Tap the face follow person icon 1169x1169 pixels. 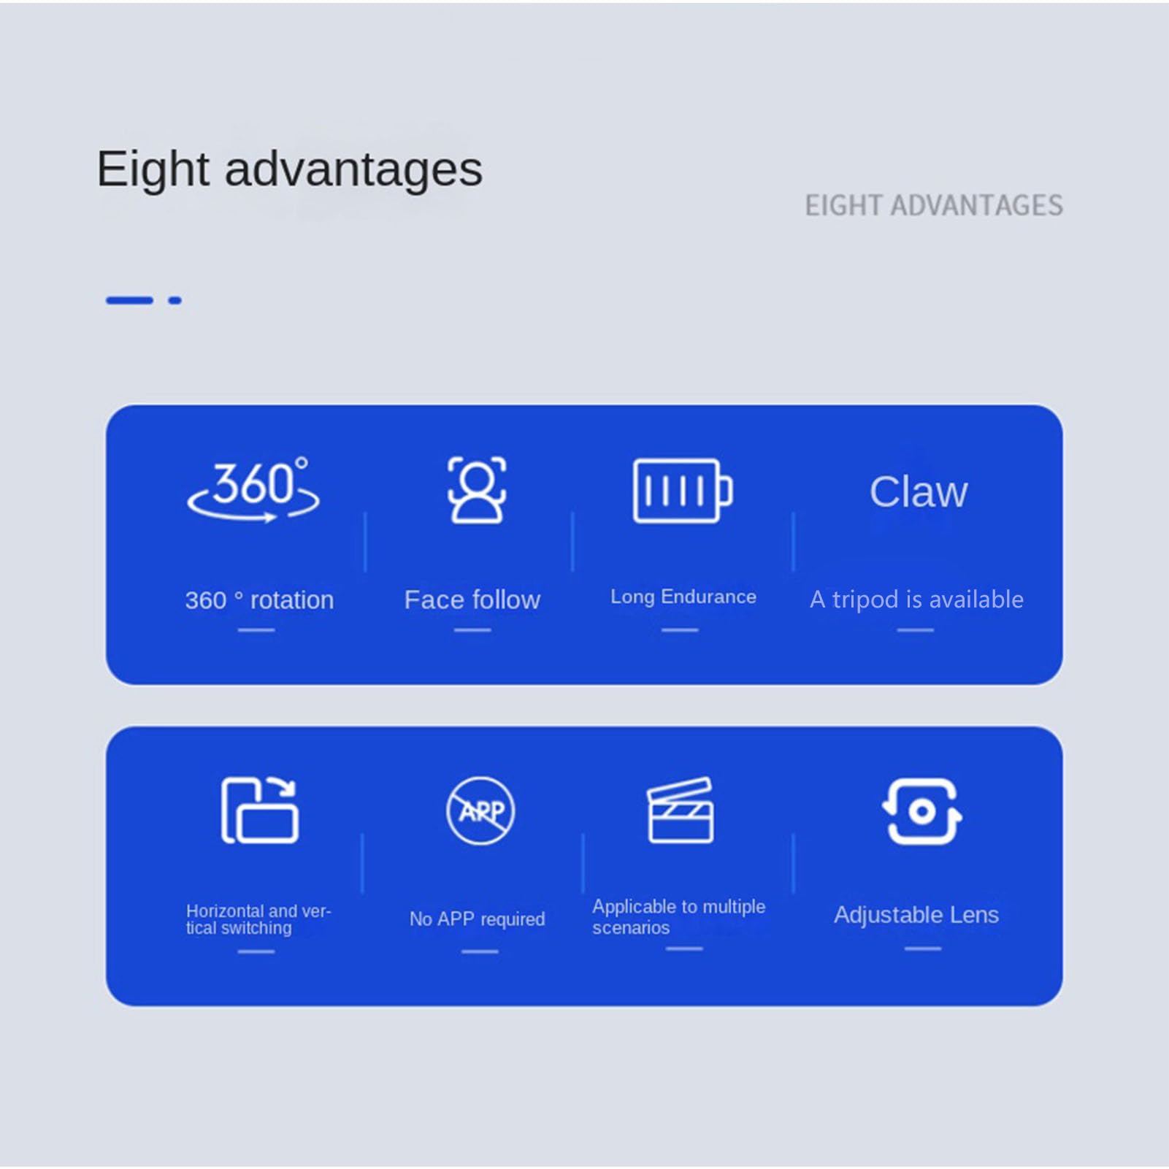click(477, 490)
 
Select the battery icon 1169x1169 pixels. click(683, 491)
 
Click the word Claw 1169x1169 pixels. click(918, 491)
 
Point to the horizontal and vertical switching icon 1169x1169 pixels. click(259, 810)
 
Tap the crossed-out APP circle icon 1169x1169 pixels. click(480, 810)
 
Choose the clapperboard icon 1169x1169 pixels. click(681, 810)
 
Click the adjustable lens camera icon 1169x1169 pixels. click(921, 811)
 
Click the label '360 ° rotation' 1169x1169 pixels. click(259, 600)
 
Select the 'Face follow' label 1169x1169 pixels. click(472, 599)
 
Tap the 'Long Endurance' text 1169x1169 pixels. click(683, 597)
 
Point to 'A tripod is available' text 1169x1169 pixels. click(916, 599)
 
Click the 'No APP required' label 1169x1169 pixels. click(477, 919)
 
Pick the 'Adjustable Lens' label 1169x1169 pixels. click(916, 914)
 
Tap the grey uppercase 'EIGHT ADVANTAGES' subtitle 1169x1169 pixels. click(934, 205)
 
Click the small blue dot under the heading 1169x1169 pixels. click(175, 300)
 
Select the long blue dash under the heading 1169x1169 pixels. click(129, 300)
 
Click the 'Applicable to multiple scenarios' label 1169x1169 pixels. click(678, 916)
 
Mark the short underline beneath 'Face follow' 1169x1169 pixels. click(472, 629)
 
